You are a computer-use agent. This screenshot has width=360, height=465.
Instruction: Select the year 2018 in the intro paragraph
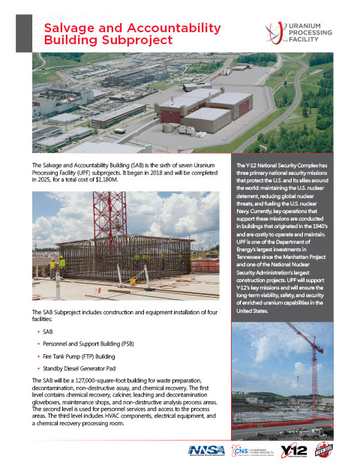[x=161, y=172]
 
